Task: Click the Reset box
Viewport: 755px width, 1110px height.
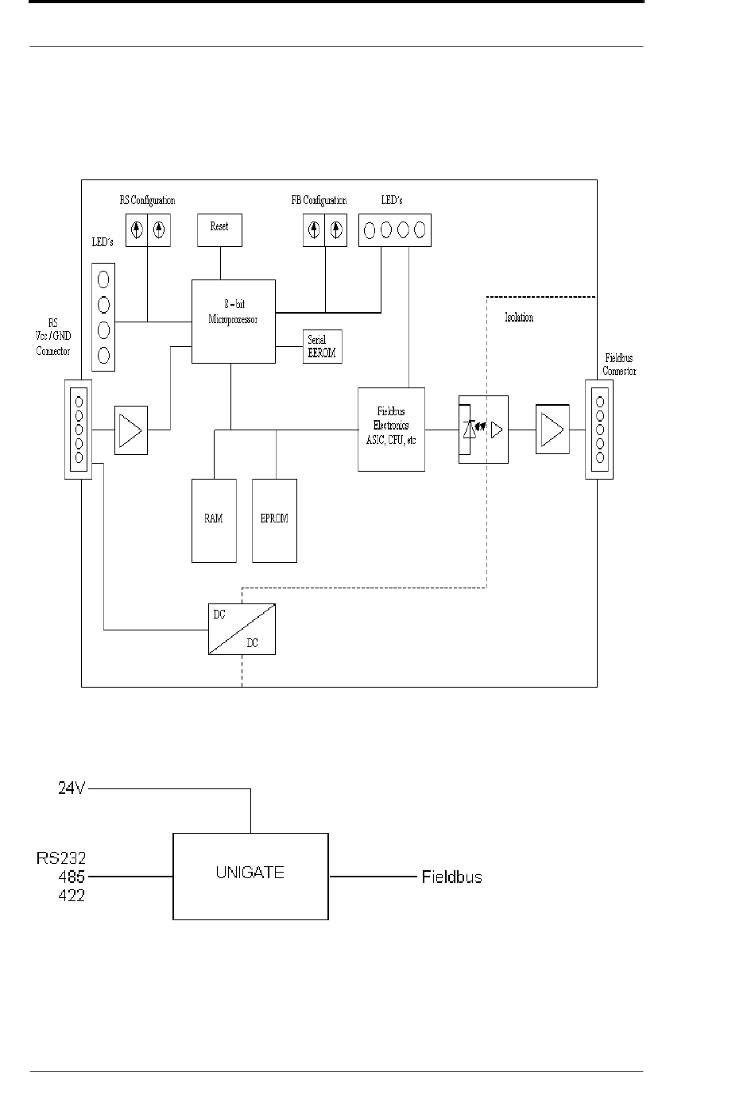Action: point(220,230)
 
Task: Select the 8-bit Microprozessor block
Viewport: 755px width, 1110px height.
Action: point(234,321)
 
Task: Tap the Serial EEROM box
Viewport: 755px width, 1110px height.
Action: point(323,346)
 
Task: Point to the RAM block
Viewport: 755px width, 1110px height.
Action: point(214,520)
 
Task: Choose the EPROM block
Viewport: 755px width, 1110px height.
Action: point(274,520)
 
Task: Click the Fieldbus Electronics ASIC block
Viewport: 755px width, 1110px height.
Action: point(391,429)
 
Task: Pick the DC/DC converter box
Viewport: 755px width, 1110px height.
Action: point(242,629)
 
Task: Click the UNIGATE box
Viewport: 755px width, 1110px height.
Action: point(250,876)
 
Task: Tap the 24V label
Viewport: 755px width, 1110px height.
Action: point(72,788)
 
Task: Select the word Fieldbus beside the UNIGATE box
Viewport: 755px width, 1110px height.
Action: point(452,877)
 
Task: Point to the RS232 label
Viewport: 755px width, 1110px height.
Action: point(61,858)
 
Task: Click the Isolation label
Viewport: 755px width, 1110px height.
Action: point(519,317)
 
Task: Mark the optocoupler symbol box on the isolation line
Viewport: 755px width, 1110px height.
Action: point(483,429)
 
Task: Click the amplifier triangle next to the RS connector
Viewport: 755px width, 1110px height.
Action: point(131,430)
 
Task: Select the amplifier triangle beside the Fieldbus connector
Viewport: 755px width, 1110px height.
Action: point(552,429)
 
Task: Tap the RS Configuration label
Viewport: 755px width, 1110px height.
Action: point(147,200)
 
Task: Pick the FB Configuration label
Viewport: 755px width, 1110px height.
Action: point(319,200)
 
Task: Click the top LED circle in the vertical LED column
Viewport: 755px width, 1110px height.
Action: point(103,280)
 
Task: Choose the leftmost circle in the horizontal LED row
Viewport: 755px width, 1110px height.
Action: point(369,230)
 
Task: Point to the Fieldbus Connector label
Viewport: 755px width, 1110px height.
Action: point(619,364)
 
